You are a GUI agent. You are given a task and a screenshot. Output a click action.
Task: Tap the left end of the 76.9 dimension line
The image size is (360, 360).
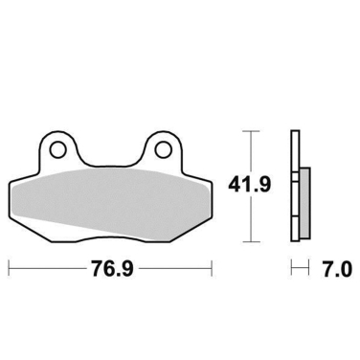click(9, 267)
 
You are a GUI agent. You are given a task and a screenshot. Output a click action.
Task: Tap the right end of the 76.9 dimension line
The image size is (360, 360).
click(212, 267)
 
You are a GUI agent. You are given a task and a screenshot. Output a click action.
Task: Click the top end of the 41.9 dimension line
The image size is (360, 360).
click(251, 130)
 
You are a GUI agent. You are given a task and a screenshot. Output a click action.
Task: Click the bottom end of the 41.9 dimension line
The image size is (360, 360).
click(251, 240)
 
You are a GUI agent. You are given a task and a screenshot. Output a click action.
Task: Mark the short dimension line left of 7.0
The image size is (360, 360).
click(299, 267)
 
